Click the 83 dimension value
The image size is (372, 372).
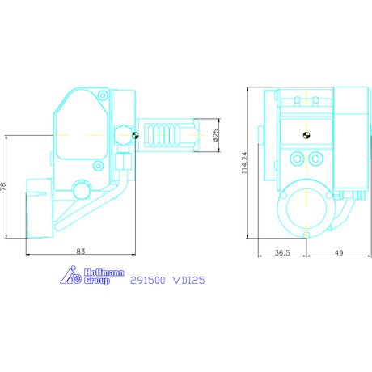(81, 252)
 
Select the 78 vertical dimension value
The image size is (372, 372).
(3, 187)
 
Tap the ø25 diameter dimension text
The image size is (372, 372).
(216, 135)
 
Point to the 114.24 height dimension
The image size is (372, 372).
(244, 163)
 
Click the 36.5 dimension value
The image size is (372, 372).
(282, 252)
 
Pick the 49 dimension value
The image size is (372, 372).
(339, 252)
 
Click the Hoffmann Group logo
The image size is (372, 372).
(92, 275)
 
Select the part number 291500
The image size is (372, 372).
(148, 281)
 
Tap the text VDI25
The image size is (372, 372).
(188, 281)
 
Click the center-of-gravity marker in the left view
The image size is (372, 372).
(135, 135)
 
